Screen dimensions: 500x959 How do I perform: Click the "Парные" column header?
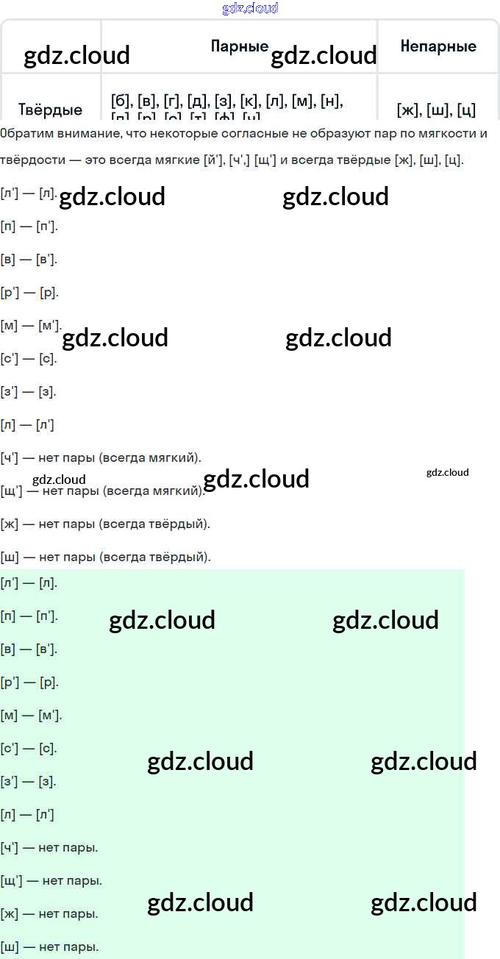(x=240, y=46)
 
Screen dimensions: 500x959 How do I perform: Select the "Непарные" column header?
(x=438, y=46)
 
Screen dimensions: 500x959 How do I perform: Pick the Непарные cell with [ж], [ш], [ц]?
(x=436, y=110)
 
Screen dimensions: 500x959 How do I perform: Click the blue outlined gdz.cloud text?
(x=250, y=8)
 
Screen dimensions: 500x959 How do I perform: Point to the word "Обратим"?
(x=24, y=133)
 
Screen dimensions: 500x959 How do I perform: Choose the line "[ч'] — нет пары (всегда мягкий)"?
(x=101, y=457)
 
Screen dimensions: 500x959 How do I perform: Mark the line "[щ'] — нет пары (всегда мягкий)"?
(x=103, y=491)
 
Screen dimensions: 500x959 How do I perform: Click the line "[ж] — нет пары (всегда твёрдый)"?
(x=105, y=524)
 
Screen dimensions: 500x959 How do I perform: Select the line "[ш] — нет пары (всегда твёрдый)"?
(x=106, y=557)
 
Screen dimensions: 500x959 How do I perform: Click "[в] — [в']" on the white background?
(x=29, y=259)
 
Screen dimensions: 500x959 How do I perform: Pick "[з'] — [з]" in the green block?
(x=28, y=781)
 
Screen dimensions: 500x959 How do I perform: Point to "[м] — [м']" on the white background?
(x=31, y=325)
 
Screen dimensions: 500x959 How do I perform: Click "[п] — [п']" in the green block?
(x=29, y=616)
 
